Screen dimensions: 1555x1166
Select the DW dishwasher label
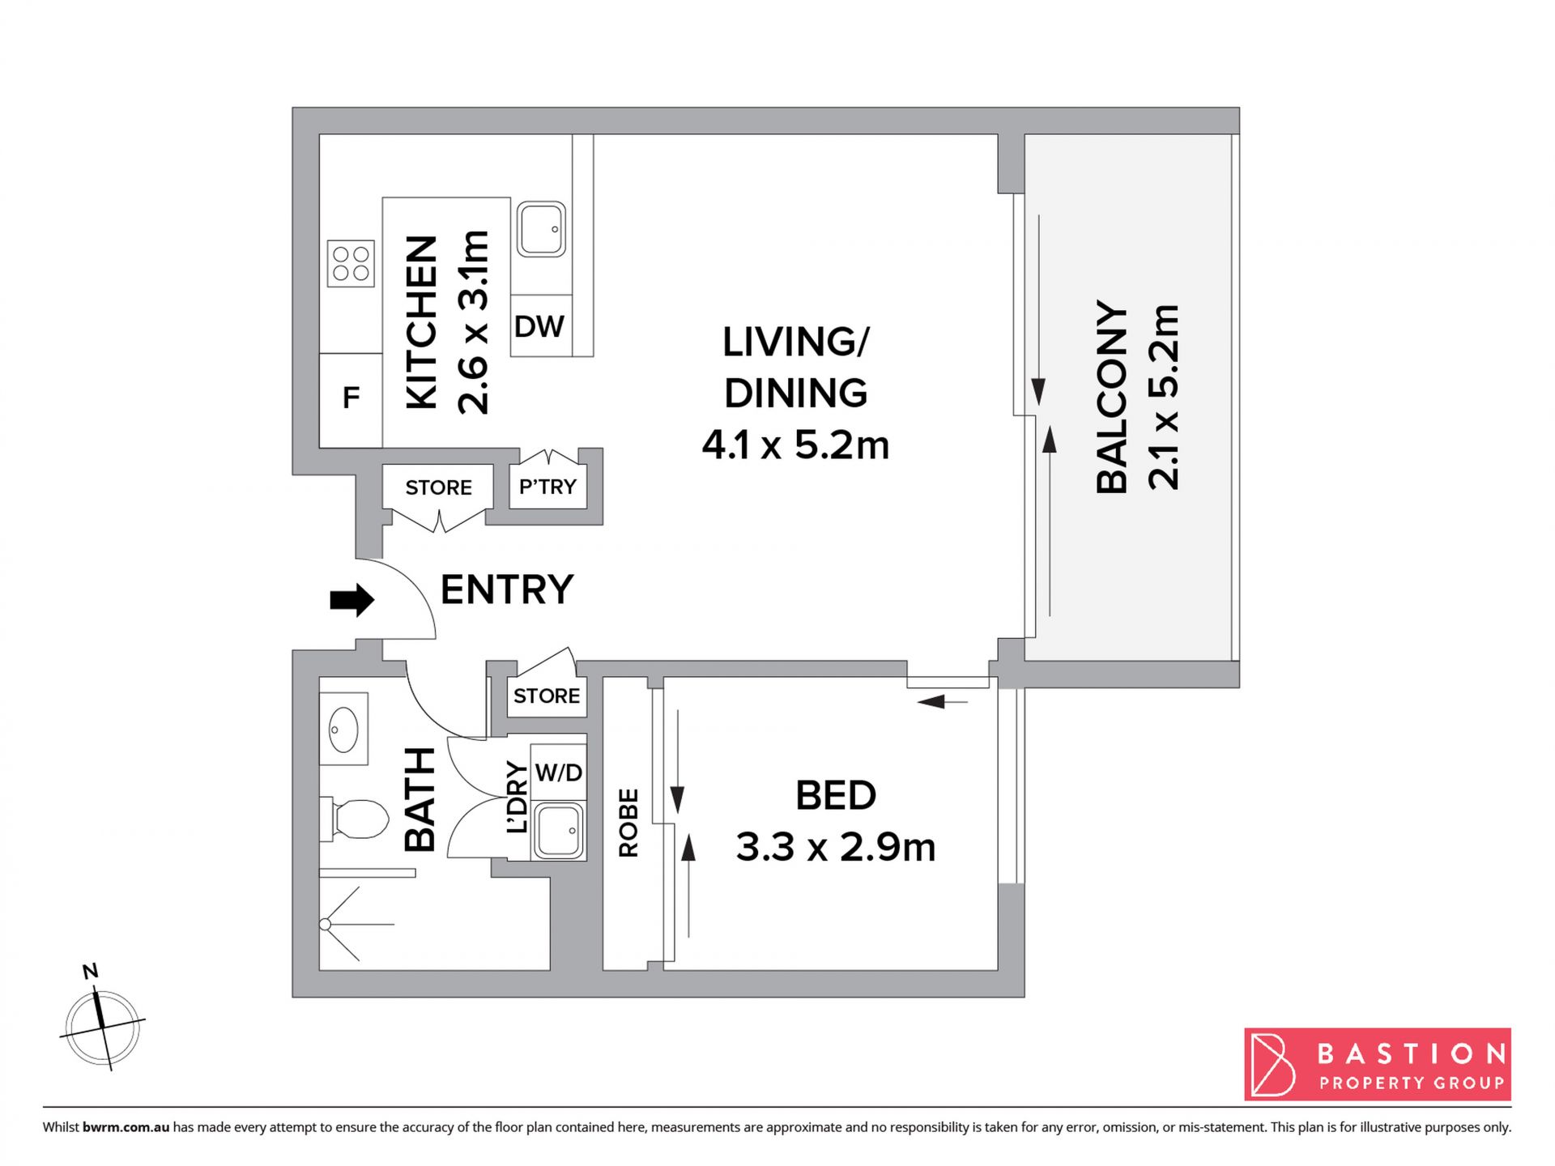click(x=539, y=326)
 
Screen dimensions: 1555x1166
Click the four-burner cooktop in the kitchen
click(x=351, y=264)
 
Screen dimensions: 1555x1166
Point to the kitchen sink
click(x=541, y=229)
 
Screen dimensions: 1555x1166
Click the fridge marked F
click(x=351, y=400)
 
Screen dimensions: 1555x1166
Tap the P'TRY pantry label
click(x=547, y=487)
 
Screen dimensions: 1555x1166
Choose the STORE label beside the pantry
click(x=438, y=487)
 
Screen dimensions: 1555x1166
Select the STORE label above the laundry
click(x=547, y=696)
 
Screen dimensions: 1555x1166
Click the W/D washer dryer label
click(x=559, y=772)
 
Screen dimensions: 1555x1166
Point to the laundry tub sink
click(x=559, y=830)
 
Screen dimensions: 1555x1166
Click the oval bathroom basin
click(x=344, y=730)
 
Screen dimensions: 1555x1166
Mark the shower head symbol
click(x=326, y=924)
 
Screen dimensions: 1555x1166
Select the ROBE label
click(x=628, y=823)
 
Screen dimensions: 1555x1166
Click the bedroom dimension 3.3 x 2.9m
click(x=836, y=847)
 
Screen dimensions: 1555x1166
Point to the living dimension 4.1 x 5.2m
click(x=795, y=445)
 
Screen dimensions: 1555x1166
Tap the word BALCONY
click(x=1112, y=397)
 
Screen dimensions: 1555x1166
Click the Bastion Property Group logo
click(x=1378, y=1064)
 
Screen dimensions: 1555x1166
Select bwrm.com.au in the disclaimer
click(x=126, y=1127)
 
